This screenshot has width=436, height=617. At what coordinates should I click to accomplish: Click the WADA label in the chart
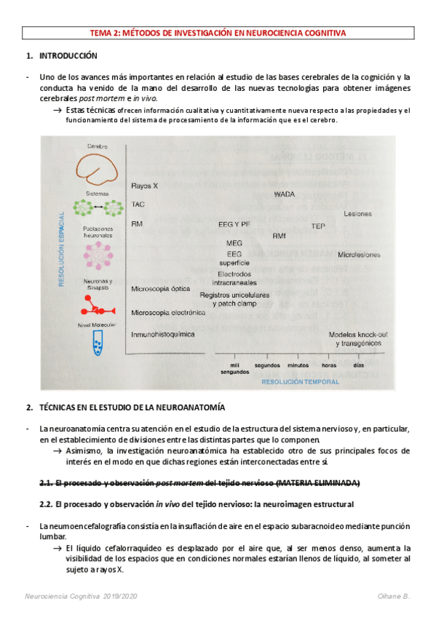pos(285,194)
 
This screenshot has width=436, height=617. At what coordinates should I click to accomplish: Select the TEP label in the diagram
pos(318,226)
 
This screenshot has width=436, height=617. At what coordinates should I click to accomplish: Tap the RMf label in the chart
pos(280,236)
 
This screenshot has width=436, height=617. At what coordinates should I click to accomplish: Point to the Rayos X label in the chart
pos(145,186)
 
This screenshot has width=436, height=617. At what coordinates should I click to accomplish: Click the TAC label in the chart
pos(138,204)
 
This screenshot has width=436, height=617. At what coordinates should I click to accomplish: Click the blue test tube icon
pos(98,343)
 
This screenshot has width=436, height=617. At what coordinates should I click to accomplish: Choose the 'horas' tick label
pos(329,365)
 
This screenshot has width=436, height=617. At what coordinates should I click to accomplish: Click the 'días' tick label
pos(359,365)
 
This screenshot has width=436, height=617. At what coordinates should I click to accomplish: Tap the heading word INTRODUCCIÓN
pos(68,56)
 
